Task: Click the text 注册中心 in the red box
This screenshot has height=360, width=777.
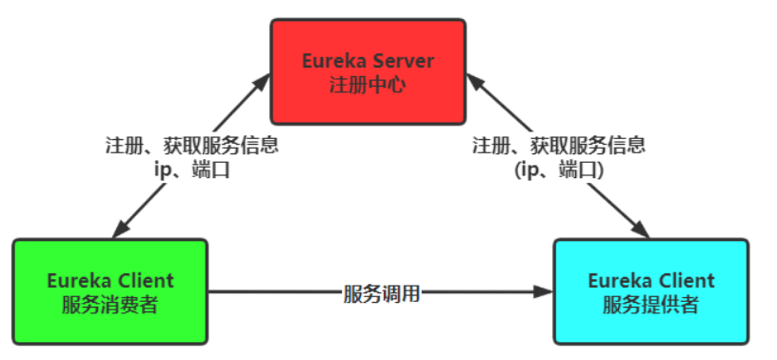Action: (368, 84)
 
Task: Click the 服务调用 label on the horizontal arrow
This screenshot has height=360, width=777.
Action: (381, 292)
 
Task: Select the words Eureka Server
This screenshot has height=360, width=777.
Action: (368, 62)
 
